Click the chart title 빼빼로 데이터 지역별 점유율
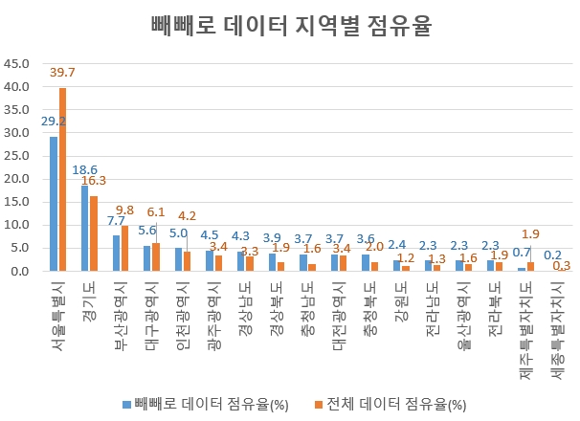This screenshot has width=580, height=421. tap(291, 26)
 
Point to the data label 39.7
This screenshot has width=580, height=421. tap(63, 73)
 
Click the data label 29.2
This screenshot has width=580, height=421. tap(54, 122)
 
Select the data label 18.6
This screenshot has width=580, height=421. tap(85, 169)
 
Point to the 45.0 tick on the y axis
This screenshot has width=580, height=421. tap(18, 64)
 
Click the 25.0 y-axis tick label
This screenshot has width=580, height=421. tap(18, 156)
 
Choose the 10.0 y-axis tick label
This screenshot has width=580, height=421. tap(18, 226)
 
